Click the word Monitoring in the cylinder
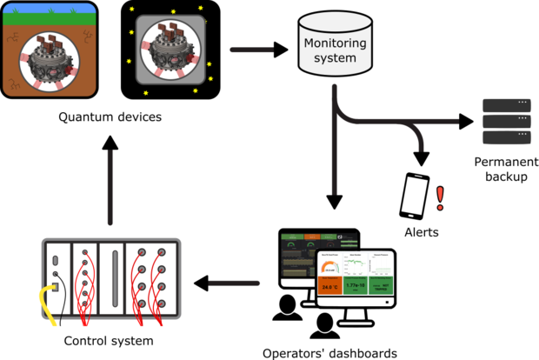pos(335,44)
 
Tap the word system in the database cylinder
pos(335,58)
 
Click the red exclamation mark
pos(440,198)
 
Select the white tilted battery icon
pos(415,194)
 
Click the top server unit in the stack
pos(507,105)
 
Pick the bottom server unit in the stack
pos(507,137)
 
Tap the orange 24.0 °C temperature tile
pos(329,285)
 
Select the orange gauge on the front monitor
pos(329,265)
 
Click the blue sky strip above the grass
pos(49,9)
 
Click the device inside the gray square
pos(170,53)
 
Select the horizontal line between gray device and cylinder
pos(251,50)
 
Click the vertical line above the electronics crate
pos(111,187)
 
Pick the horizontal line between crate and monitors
pos(235,283)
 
